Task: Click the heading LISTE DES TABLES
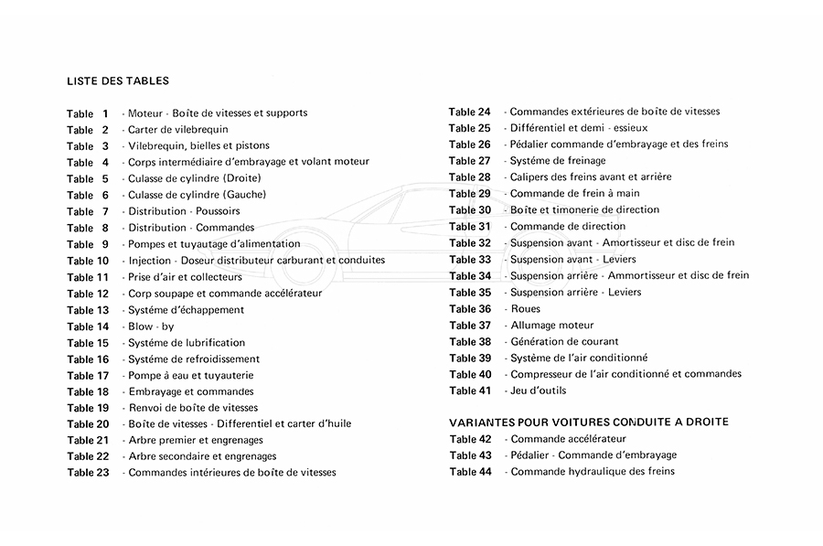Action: [118, 80]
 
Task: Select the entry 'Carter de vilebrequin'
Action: [178, 130]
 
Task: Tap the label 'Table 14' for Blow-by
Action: [88, 327]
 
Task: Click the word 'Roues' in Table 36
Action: [525, 309]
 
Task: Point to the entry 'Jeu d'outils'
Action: [538, 391]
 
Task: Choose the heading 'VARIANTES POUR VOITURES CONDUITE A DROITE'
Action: [589, 422]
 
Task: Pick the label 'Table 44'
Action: [470, 472]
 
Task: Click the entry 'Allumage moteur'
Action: [551, 326]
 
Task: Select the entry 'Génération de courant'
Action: [565, 342]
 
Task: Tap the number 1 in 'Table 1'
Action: [105, 113]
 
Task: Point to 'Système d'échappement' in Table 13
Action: [186, 310]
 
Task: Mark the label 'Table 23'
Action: [88, 473]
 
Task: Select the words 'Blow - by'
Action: [151, 327]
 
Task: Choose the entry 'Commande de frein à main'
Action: [575, 194]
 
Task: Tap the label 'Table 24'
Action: [470, 112]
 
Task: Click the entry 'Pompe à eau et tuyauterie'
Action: [191, 375]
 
